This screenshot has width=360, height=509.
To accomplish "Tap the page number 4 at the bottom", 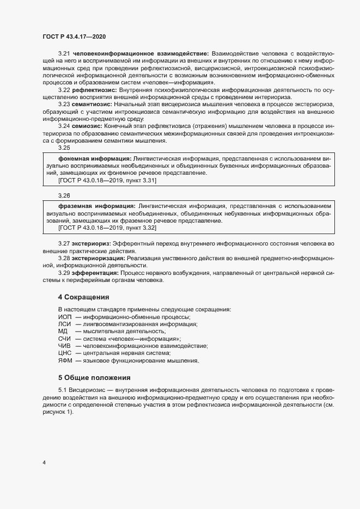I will [x=44, y=463].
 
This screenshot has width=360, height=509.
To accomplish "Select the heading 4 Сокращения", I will [x=84, y=297].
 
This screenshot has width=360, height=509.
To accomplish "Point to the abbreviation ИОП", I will [x=64, y=317].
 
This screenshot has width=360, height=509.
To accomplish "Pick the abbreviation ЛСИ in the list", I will [x=64, y=324].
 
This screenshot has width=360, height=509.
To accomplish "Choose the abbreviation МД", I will [x=62, y=331].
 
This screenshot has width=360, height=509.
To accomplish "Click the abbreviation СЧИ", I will [x=64, y=339].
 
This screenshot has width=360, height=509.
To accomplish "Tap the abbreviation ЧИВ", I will [x=64, y=346].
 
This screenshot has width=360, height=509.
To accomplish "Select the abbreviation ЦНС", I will [x=65, y=353].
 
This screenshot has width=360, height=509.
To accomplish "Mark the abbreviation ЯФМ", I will [x=65, y=360].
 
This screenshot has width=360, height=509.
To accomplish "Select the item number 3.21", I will [x=64, y=53].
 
